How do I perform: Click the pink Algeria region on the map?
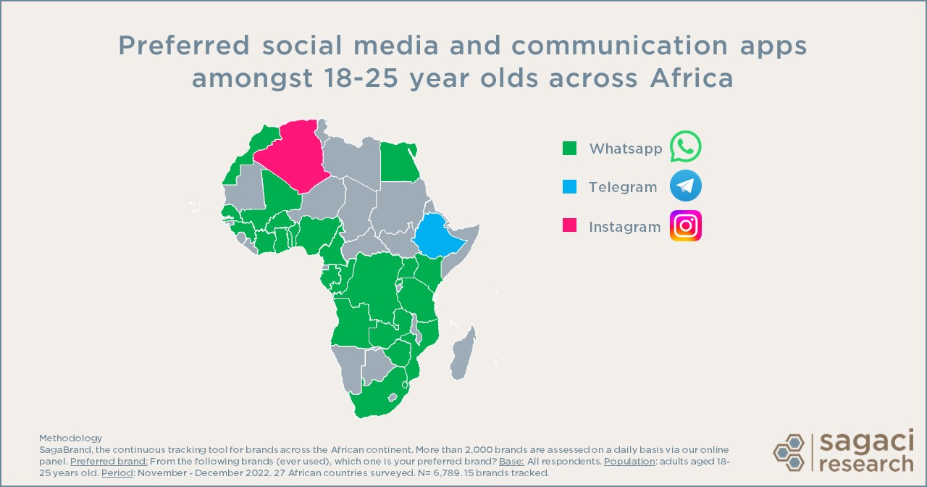pyautogui.click(x=293, y=156)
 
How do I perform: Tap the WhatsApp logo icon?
pyautogui.click(x=685, y=147)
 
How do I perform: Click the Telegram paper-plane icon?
pyautogui.click(x=685, y=186)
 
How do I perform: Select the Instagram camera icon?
pyautogui.click(x=685, y=226)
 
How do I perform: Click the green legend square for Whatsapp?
pyautogui.click(x=570, y=149)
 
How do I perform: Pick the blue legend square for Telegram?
pyautogui.click(x=570, y=188)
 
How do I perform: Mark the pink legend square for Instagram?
pyautogui.click(x=570, y=227)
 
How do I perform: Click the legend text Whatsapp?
pyautogui.click(x=625, y=149)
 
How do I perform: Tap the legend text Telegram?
pyautogui.click(x=623, y=188)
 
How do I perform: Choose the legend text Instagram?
pyautogui.click(x=624, y=227)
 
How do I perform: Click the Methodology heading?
pyautogui.click(x=70, y=438)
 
